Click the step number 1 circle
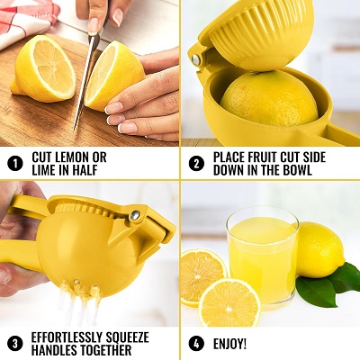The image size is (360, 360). [x=14, y=164]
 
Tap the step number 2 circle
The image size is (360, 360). [x=195, y=164]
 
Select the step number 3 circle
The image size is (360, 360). [x=14, y=344]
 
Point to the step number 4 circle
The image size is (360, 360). [x=195, y=344]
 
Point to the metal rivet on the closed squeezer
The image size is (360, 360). [x=134, y=215]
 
